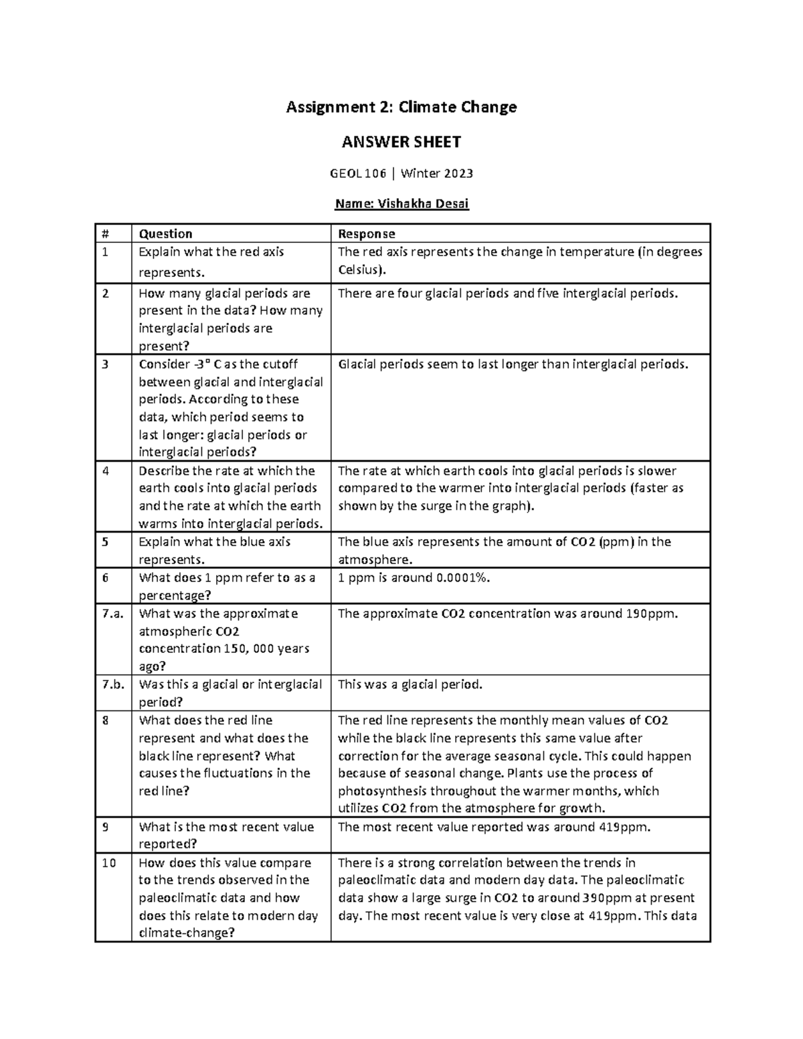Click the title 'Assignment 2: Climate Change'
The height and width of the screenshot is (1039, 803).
[401, 107]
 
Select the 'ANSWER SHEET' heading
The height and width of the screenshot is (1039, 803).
[401, 142]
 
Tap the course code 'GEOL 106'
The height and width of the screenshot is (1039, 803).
[358, 174]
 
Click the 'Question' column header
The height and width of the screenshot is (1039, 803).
[165, 233]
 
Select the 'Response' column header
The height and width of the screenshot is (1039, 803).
[366, 233]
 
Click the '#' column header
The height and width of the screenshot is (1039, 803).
[105, 233]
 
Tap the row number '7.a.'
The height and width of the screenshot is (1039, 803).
[113, 613]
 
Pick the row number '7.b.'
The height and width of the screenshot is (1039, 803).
[113, 684]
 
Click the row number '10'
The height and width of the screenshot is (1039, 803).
[109, 863]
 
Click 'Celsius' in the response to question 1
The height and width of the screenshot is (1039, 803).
[360, 270]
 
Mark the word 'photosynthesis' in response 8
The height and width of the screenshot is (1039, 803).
[378, 791]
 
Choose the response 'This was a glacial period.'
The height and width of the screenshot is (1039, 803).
[410, 684]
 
